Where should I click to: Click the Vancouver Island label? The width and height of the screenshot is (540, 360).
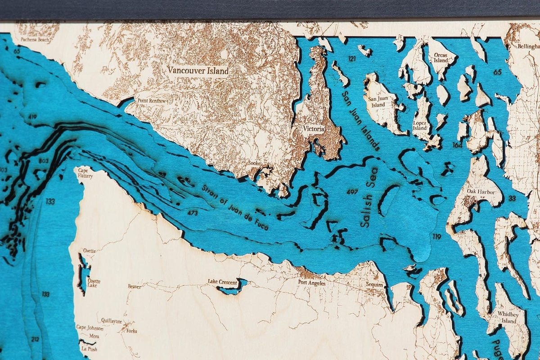tap(198, 71)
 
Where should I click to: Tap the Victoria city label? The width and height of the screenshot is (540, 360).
tap(314, 129)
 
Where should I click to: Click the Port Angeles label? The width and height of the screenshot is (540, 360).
tap(312, 283)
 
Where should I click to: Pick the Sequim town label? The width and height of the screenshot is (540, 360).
tap(374, 285)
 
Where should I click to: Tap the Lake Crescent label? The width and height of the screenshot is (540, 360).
tap(222, 282)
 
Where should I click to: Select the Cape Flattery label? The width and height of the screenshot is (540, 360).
tap(85, 173)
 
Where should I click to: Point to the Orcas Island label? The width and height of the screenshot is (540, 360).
tap(441, 58)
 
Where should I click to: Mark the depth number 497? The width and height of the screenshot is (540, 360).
tap(352, 192)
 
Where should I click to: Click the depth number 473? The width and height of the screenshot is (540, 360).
tap(193, 212)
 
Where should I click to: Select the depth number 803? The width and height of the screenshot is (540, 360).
tap(43, 161)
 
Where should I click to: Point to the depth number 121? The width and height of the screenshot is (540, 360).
tap(352, 59)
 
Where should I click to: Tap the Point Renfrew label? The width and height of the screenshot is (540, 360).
tap(152, 101)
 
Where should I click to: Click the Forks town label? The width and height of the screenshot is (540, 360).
tap(132, 331)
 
